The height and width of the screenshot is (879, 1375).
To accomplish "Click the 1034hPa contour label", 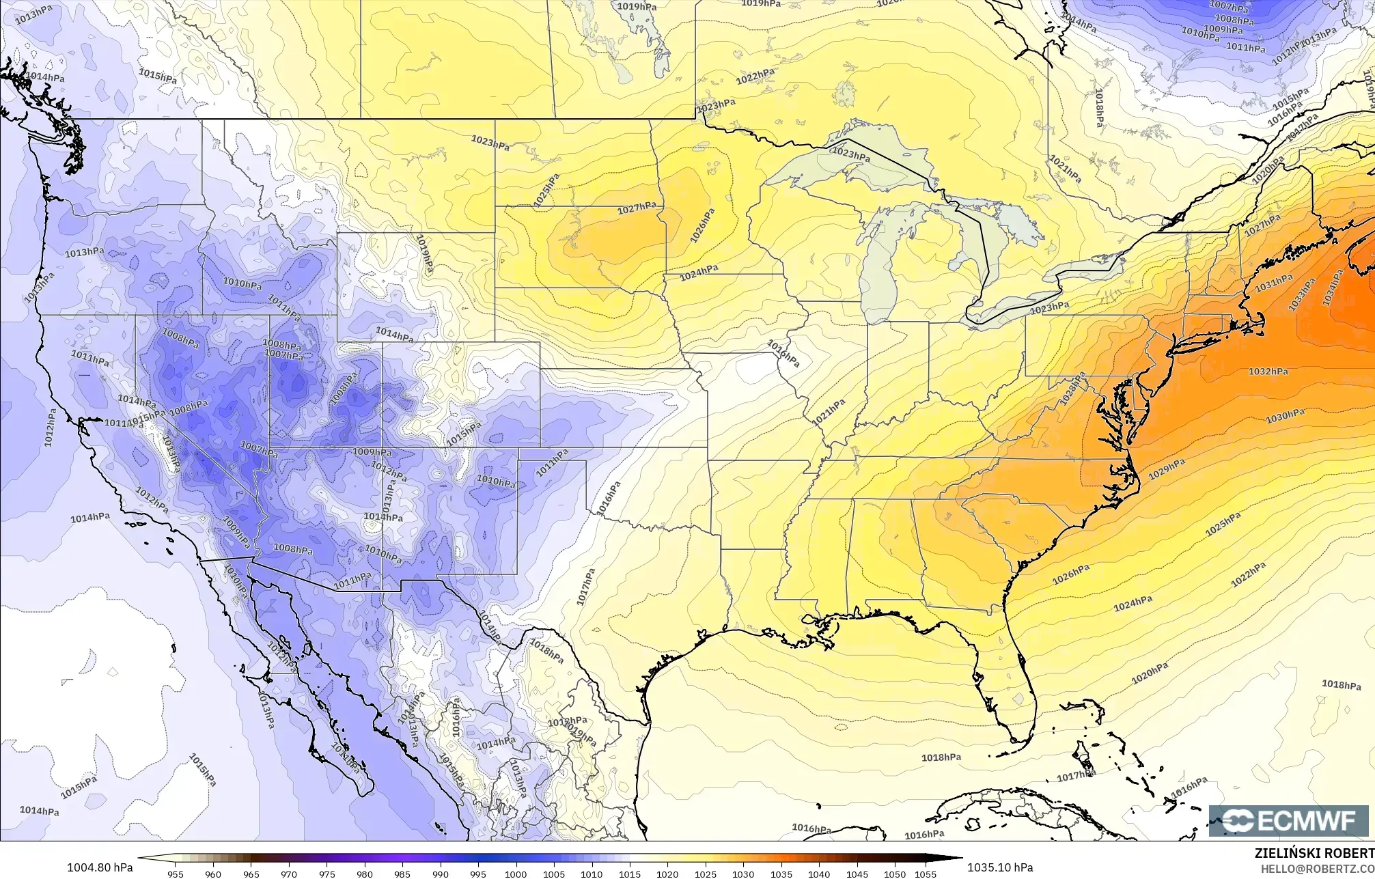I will point(1333,288).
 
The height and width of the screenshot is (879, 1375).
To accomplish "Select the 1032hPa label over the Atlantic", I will point(1268,372).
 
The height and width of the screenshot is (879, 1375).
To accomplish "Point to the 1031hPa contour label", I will point(1274,282).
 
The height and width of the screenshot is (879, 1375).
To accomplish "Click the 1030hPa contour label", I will point(1285,415).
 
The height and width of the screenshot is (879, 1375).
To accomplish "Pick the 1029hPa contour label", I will point(1167,469).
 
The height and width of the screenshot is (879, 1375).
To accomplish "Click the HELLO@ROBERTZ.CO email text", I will point(1317,868).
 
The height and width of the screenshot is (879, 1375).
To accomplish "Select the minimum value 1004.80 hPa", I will point(100,867).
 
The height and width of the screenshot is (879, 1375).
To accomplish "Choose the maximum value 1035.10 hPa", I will point(1000,867).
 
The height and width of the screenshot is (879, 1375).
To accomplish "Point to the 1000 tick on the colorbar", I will point(516,874).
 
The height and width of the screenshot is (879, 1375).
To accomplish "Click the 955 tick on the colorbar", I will point(176,874).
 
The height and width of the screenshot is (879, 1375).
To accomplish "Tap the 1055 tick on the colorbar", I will point(925,874).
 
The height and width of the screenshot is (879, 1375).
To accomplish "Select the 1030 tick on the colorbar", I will point(743,874).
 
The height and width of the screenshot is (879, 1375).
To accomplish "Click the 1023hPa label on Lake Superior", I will point(851,154).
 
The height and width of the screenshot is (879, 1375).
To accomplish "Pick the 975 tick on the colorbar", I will point(327,874).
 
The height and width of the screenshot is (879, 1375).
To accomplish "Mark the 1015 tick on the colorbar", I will point(629,874).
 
